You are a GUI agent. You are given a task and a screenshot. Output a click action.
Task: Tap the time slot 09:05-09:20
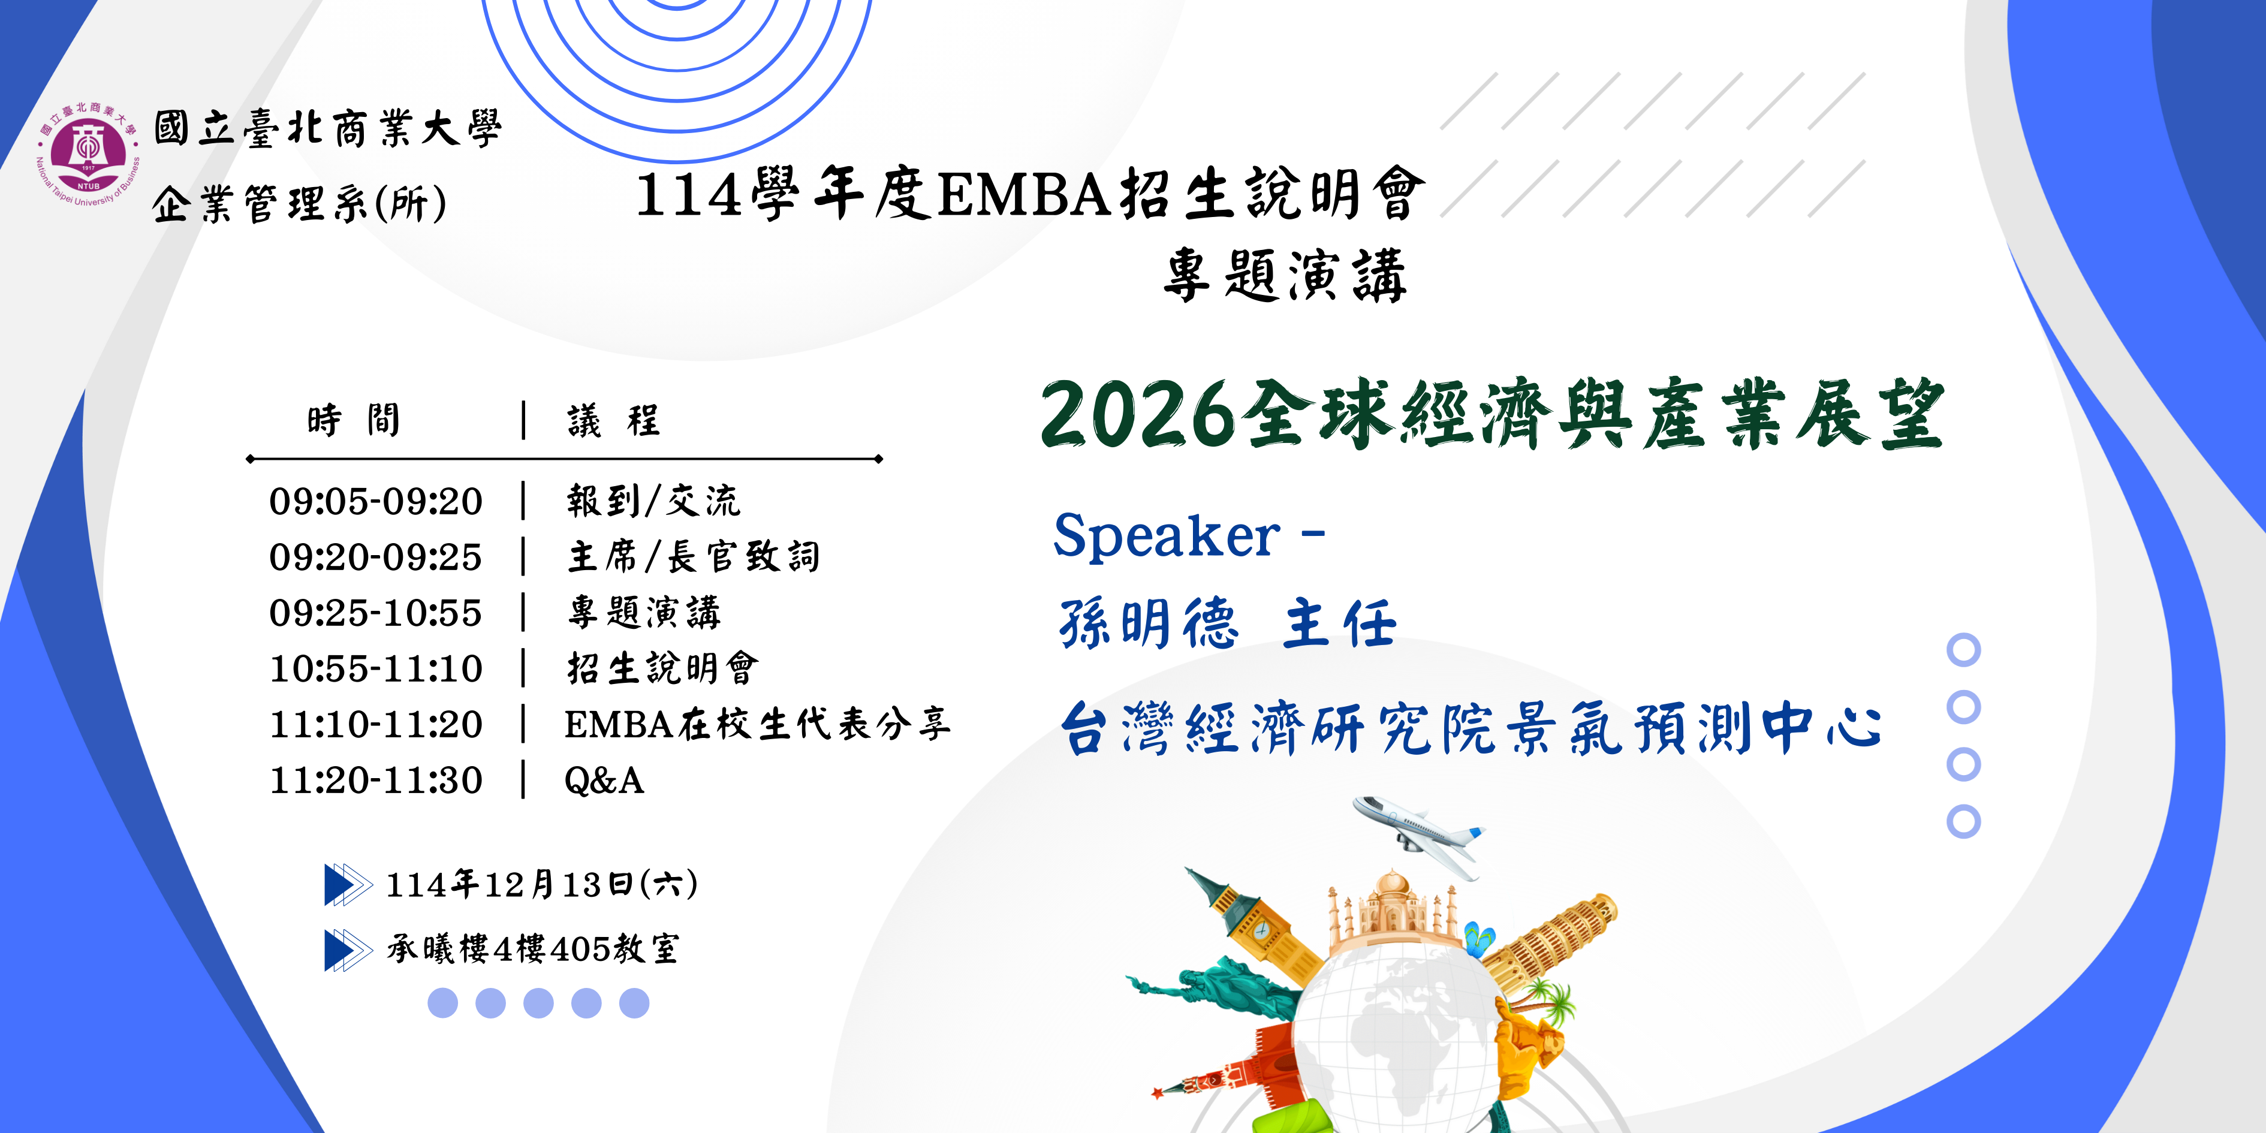(376, 501)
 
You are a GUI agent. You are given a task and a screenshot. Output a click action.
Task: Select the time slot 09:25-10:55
(376, 613)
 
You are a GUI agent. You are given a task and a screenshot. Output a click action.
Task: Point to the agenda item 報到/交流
(653, 501)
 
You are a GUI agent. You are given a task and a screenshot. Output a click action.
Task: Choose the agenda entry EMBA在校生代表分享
(757, 724)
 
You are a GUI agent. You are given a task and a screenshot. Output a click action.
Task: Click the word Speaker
(1167, 537)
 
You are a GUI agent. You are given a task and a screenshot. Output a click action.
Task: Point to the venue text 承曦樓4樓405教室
(533, 949)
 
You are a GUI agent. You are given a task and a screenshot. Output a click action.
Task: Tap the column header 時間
(354, 420)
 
